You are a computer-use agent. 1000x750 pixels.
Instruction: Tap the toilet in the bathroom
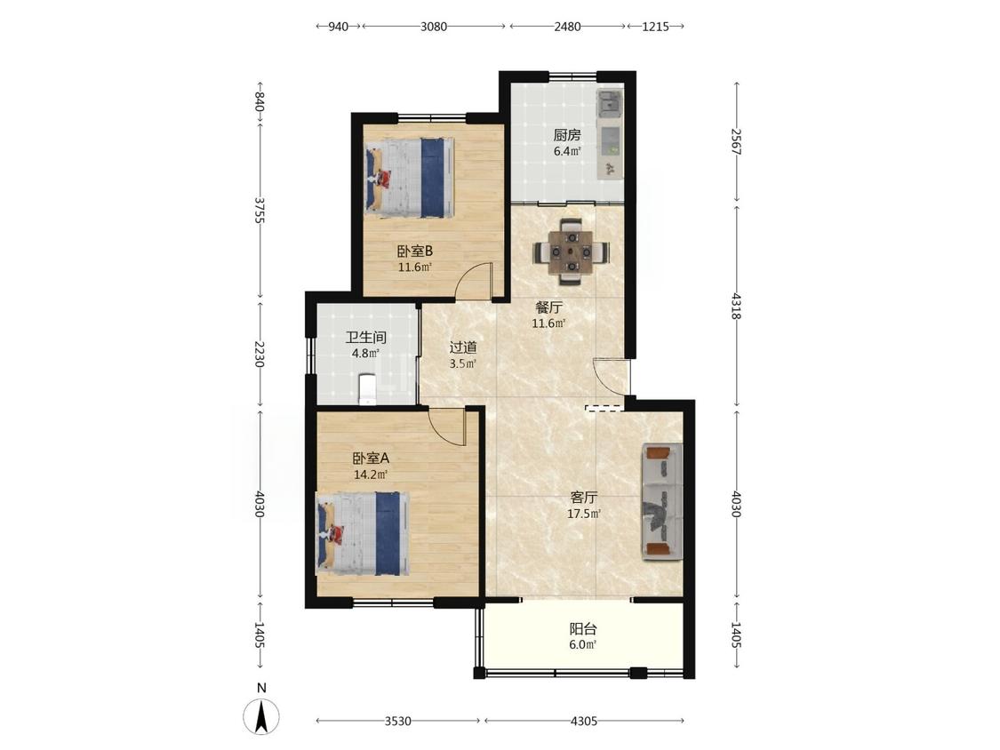click(367, 390)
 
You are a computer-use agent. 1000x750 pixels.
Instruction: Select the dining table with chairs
click(571, 251)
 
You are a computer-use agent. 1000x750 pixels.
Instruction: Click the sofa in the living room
click(662, 501)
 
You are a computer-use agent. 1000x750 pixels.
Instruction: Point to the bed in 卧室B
click(410, 178)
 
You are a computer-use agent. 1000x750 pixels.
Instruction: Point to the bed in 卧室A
click(363, 533)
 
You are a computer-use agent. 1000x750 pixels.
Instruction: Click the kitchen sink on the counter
click(608, 103)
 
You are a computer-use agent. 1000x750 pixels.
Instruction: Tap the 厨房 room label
click(567, 135)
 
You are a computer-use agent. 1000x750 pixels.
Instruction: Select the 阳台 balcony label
click(583, 629)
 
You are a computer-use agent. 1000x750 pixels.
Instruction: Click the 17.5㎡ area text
click(584, 514)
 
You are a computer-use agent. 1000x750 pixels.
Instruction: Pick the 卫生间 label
click(366, 337)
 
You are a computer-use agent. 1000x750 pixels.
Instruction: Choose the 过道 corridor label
click(463, 347)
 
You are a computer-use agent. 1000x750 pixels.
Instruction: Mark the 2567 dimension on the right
click(736, 141)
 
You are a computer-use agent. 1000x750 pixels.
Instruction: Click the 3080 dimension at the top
click(434, 26)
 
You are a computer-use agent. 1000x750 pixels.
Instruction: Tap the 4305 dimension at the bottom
click(583, 721)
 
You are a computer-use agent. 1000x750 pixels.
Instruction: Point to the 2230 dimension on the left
click(259, 354)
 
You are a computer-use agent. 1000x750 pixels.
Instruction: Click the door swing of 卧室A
click(448, 427)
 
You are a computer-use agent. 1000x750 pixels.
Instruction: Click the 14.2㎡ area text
click(371, 474)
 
